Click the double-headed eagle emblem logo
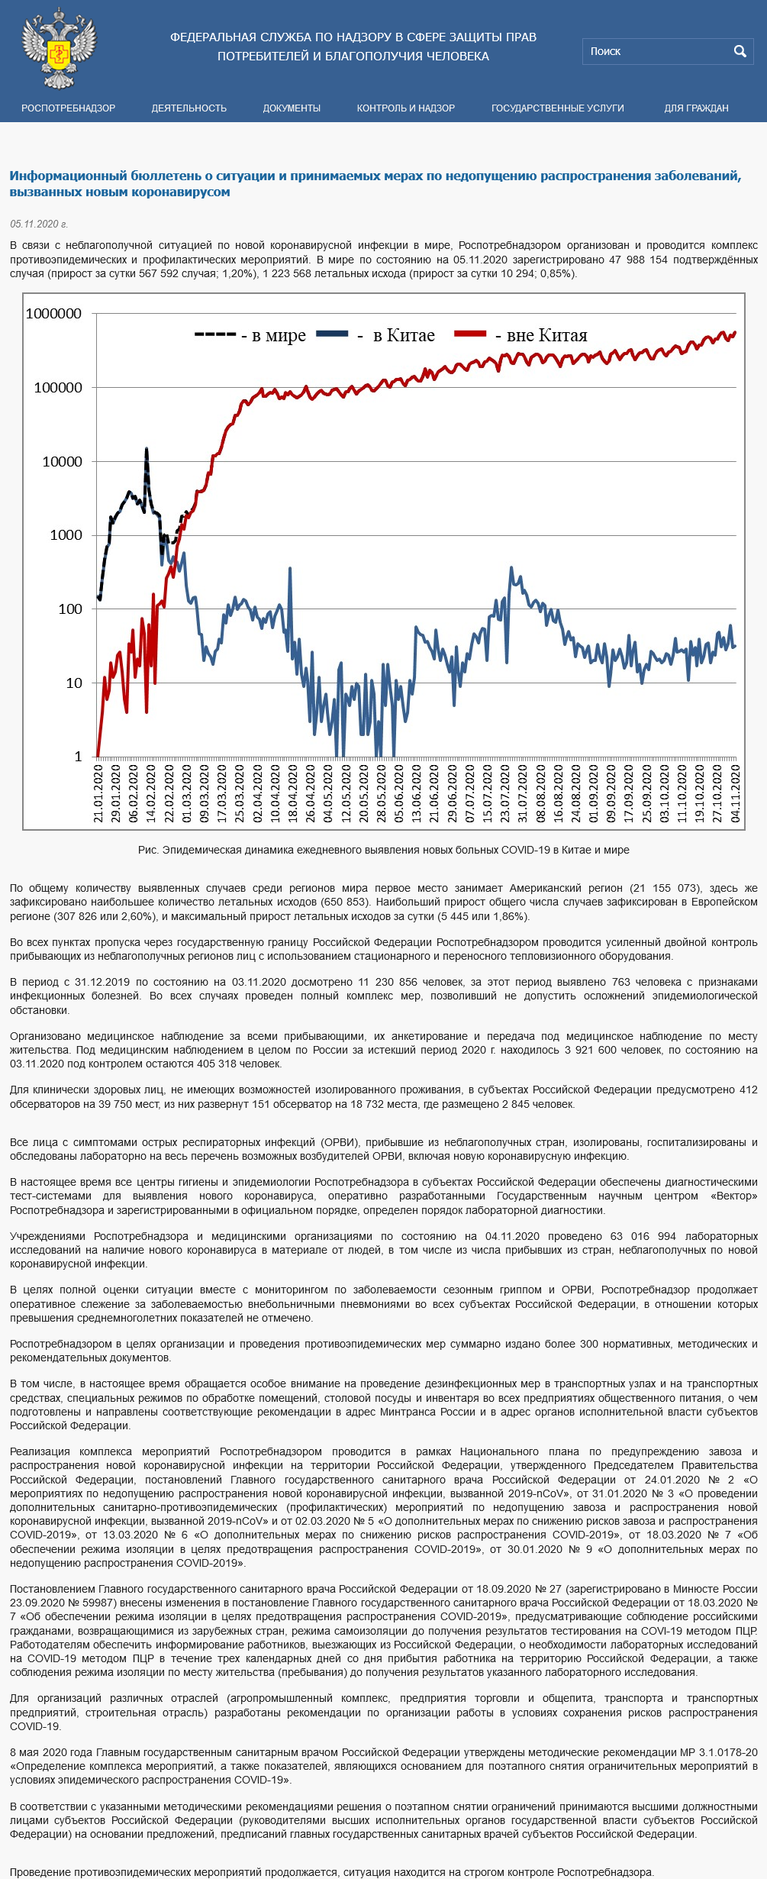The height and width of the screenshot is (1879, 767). tap(59, 48)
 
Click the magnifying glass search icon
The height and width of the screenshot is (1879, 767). tap(740, 51)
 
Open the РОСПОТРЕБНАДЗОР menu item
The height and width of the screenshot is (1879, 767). tap(68, 108)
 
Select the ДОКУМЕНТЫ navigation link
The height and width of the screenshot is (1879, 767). tap(292, 108)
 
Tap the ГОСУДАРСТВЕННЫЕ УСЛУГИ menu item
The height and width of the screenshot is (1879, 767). tap(557, 108)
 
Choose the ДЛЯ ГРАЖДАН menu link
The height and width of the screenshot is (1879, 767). tap(696, 108)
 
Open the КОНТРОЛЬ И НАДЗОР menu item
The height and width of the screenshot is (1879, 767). tap(405, 108)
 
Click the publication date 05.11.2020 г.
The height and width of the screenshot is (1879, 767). tap(39, 224)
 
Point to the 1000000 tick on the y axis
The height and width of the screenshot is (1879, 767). tap(53, 314)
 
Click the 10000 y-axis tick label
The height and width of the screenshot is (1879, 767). tap(62, 461)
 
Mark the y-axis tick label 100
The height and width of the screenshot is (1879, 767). tap(70, 609)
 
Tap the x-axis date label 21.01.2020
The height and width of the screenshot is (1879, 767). tap(98, 793)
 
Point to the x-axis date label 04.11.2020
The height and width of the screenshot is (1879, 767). tap(736, 793)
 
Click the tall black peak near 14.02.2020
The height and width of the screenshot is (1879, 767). tap(147, 450)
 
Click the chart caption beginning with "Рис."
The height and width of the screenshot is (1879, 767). tap(383, 850)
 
